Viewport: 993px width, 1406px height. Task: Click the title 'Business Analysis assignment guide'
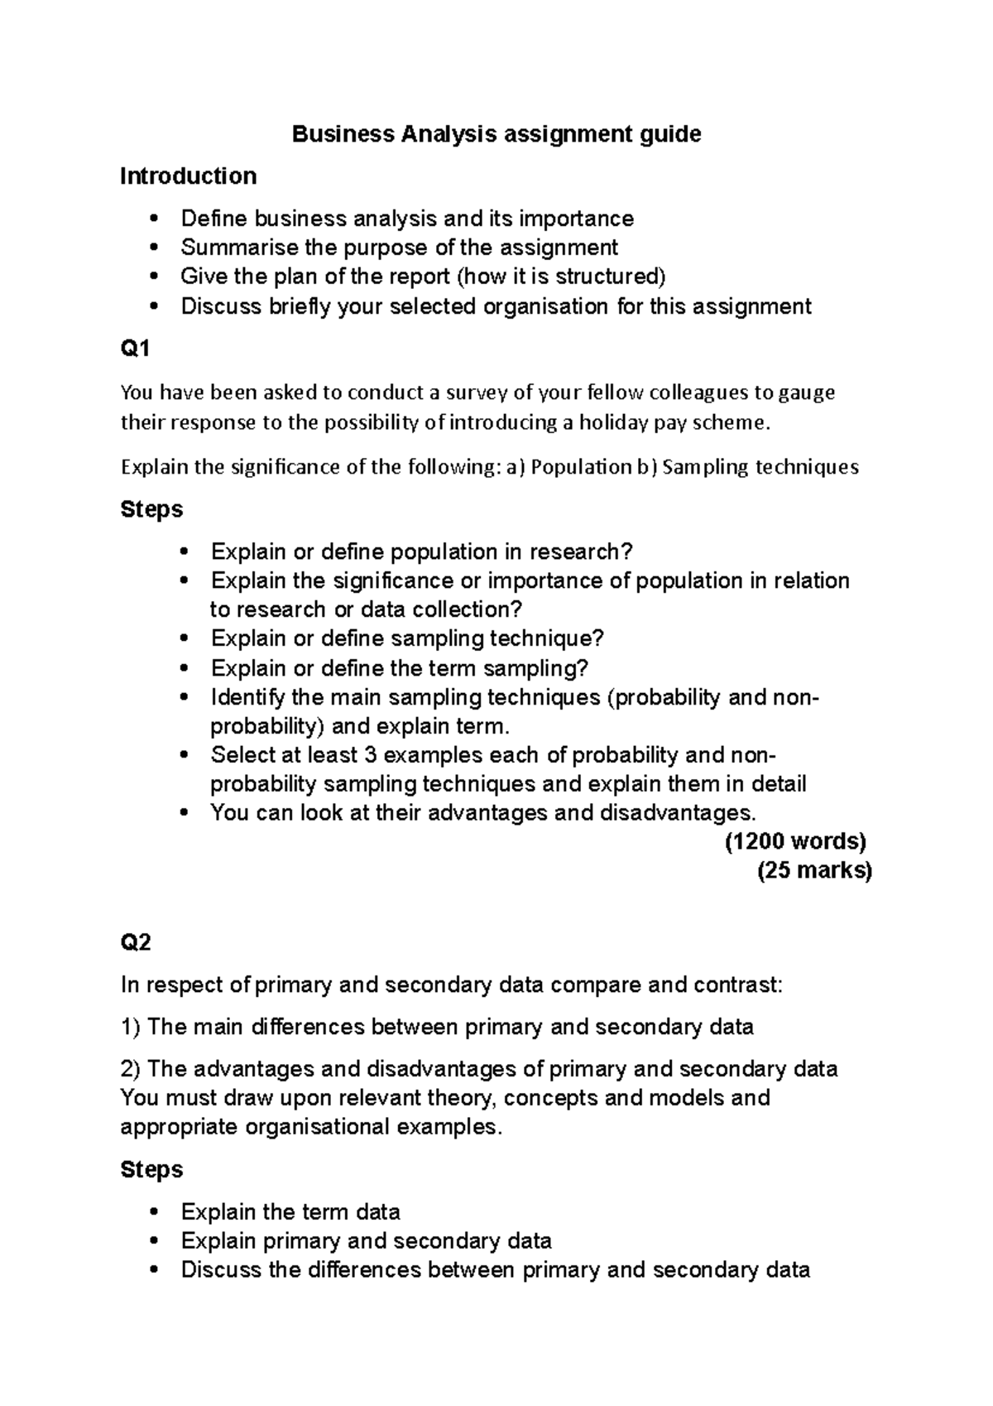click(496, 134)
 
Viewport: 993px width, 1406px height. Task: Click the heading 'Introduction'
click(188, 176)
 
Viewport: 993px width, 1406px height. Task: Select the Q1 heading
click(135, 349)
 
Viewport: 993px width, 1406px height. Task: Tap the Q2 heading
click(136, 942)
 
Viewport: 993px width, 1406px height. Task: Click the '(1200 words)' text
click(795, 842)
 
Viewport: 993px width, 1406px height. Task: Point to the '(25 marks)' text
click(814, 871)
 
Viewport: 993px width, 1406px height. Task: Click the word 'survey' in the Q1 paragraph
click(477, 392)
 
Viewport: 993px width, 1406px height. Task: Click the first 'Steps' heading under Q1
click(151, 508)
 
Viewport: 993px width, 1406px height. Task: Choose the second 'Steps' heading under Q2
click(151, 1169)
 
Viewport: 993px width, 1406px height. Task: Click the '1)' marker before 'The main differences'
click(131, 1028)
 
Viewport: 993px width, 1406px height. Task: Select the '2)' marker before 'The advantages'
click(131, 1069)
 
